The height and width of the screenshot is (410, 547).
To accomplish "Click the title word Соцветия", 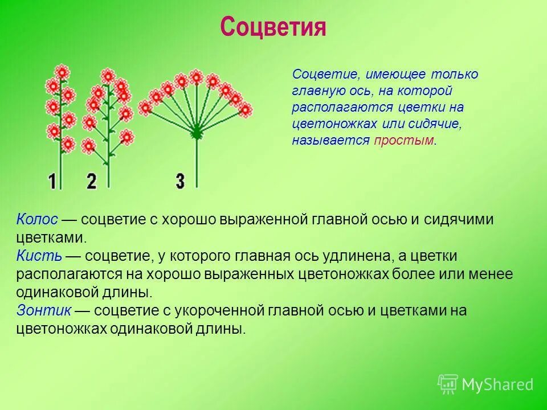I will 273,27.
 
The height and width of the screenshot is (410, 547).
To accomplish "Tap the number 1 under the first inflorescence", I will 52,181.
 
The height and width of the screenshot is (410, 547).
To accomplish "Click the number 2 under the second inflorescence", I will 92,181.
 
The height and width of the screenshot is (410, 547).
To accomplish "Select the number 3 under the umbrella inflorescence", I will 180,181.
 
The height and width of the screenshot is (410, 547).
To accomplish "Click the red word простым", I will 404,140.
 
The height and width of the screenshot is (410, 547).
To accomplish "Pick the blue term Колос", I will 37,220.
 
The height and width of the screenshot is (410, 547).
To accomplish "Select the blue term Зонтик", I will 44,310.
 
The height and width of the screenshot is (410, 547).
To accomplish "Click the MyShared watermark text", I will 497,384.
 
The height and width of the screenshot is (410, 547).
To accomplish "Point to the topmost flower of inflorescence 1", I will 62,72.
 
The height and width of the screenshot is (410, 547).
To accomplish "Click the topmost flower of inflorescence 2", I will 108,76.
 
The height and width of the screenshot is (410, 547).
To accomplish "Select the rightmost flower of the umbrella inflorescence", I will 245,110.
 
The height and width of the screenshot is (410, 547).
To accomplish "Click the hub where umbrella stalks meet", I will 196,133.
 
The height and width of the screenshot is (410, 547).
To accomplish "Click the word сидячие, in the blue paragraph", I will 439,124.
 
